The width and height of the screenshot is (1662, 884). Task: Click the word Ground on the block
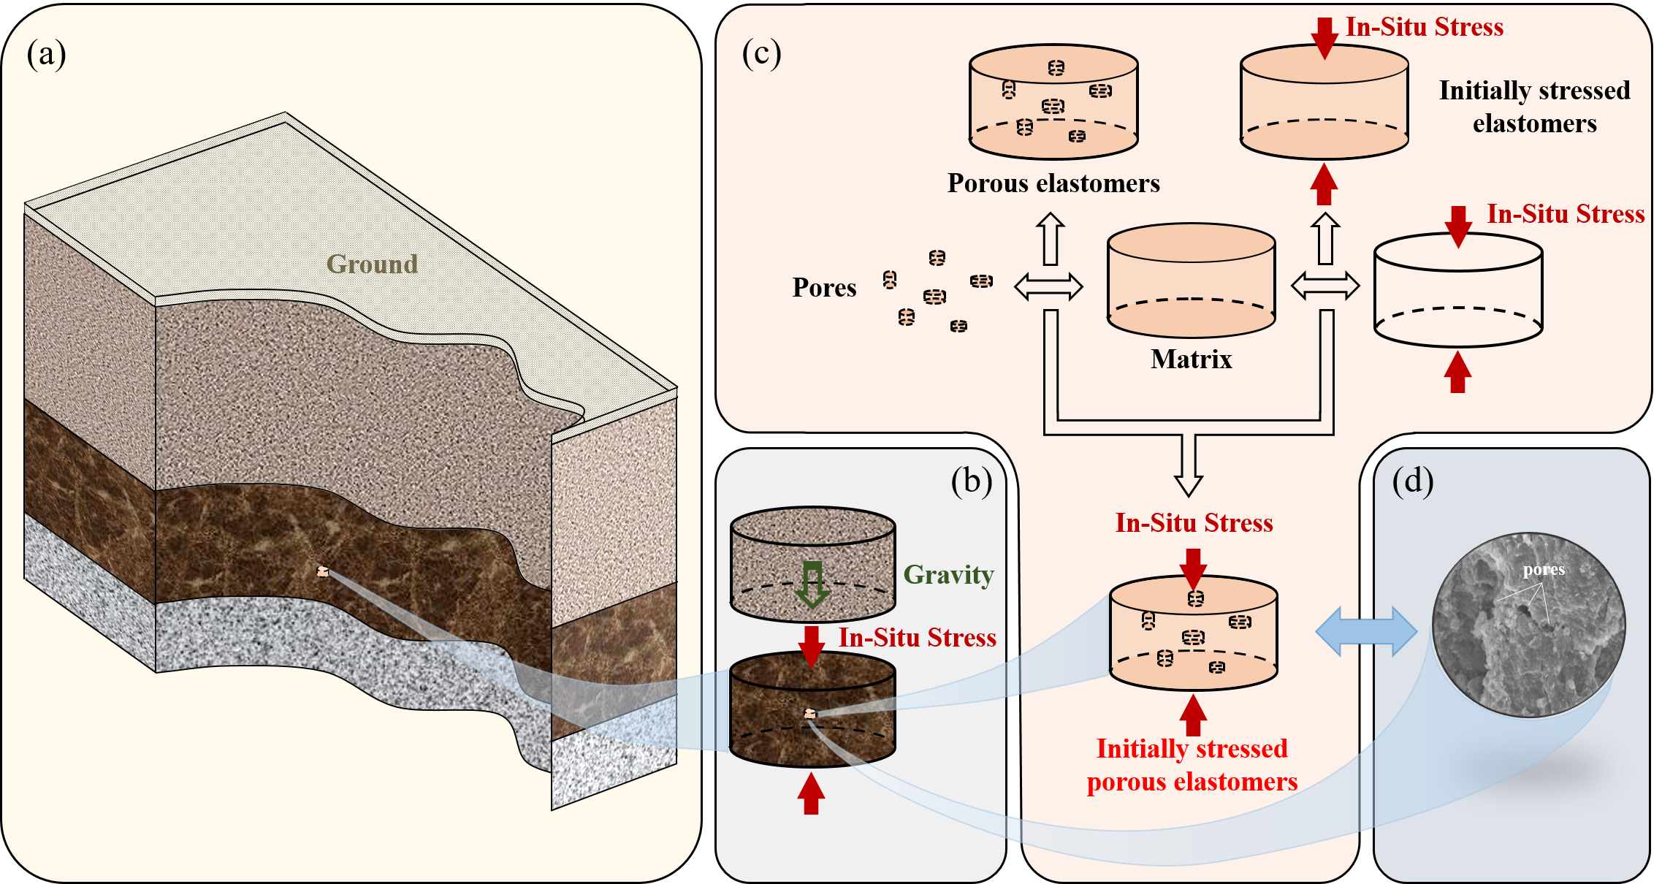[372, 264]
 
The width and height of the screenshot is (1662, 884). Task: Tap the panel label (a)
[46, 54]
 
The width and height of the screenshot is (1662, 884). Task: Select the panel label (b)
[971, 481]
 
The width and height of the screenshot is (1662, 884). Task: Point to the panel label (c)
[761, 54]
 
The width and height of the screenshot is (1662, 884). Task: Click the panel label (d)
[1412, 481]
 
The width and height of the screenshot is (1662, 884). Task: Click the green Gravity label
[948, 575]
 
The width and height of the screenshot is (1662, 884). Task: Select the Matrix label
[1191, 359]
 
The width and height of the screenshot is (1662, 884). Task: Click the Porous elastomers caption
[1053, 183]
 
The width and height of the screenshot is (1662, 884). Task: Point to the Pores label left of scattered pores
[824, 288]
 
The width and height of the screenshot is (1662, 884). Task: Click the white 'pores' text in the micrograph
[1544, 570]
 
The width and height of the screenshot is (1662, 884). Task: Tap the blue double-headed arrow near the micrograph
[1366, 631]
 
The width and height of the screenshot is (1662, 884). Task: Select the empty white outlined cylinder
[1458, 292]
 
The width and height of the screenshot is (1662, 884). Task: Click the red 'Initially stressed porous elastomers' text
[1192, 765]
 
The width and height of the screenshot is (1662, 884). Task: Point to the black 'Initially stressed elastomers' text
[1534, 107]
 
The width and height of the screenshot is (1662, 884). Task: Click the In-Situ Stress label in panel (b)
[917, 638]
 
